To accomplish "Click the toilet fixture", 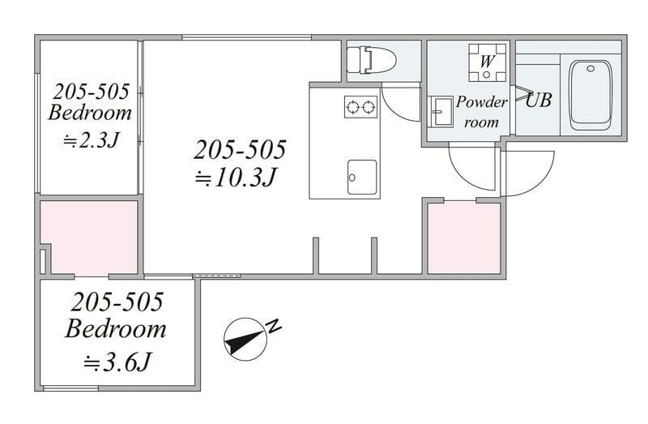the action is pyautogui.click(x=371, y=60).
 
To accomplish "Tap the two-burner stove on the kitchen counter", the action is pyautogui.click(x=360, y=107).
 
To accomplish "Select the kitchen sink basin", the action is pyautogui.click(x=362, y=177).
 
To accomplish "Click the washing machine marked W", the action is pyautogui.click(x=488, y=62).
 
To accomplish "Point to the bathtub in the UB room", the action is pyautogui.click(x=590, y=95).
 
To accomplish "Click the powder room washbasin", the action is pyautogui.click(x=440, y=112).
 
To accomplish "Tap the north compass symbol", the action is pyautogui.click(x=245, y=339).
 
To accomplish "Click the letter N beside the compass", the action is pyautogui.click(x=274, y=326).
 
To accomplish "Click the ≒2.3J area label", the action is pyautogui.click(x=91, y=141).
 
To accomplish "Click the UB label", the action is pyautogui.click(x=539, y=100).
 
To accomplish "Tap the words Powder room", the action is pyautogui.click(x=481, y=112).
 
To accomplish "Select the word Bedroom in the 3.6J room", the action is pyautogui.click(x=116, y=329).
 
